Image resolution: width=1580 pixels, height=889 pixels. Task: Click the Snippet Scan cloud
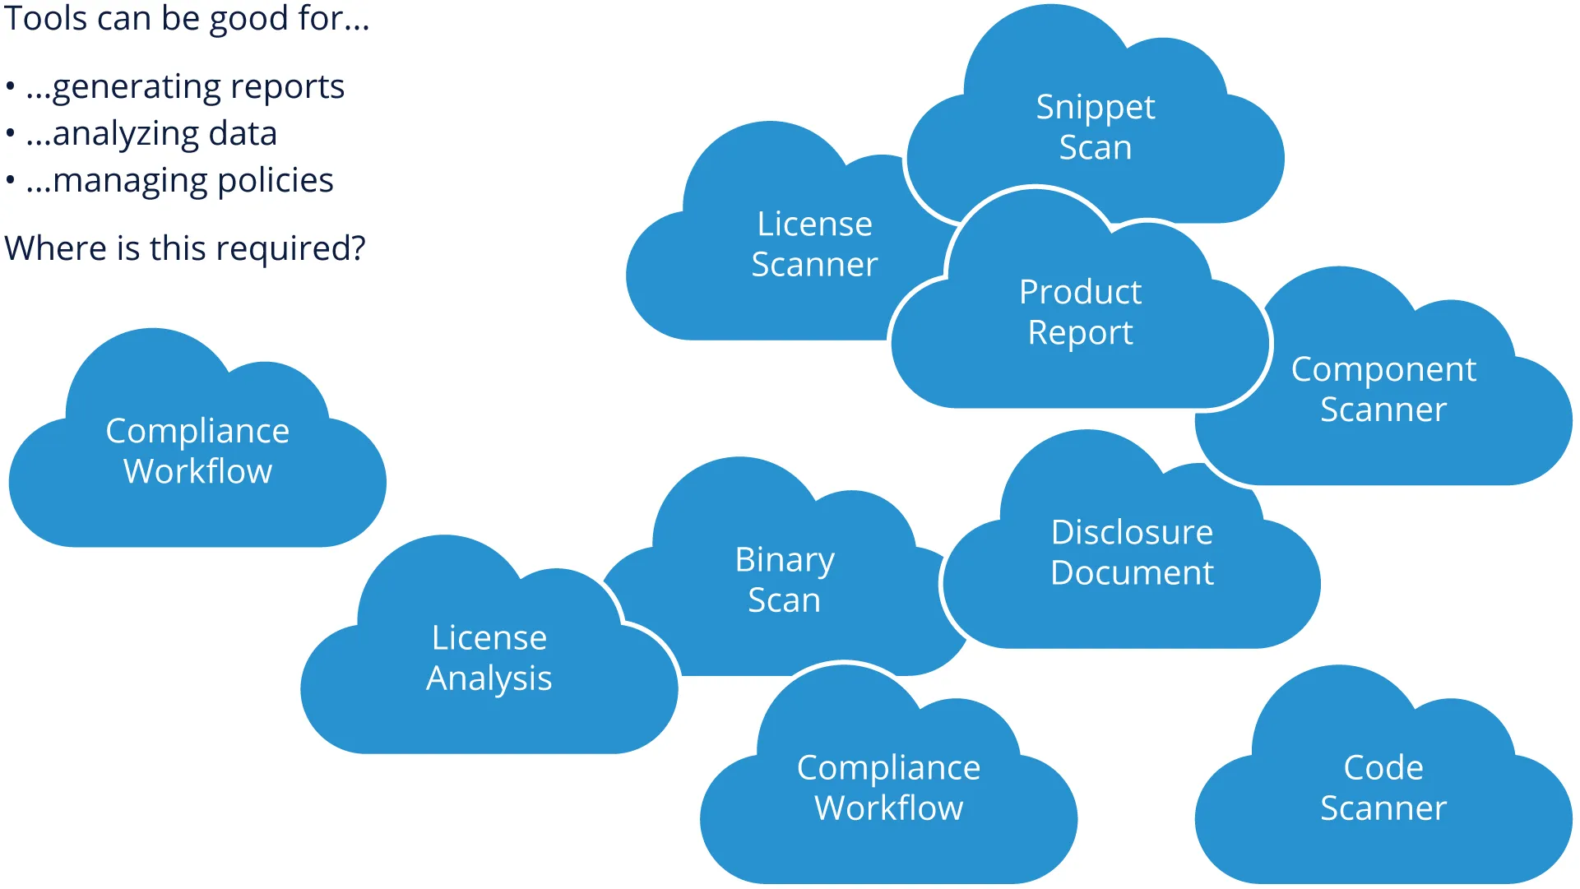pos(1095,127)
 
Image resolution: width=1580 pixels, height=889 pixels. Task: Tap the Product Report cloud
pos(1080,313)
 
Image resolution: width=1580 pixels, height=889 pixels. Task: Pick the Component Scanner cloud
pos(1383,389)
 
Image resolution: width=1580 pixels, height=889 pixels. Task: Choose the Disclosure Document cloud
pos(1132,552)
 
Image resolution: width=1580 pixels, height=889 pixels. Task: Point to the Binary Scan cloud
pos(784,580)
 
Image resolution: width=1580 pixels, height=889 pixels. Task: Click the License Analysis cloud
pos(489,658)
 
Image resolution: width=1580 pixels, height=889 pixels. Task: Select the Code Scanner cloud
pos(1383,788)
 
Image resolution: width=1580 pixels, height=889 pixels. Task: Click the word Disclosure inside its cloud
pos(1132,532)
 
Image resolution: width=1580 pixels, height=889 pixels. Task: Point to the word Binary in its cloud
pos(785,560)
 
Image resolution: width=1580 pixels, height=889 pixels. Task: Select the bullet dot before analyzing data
pos(11,134)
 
